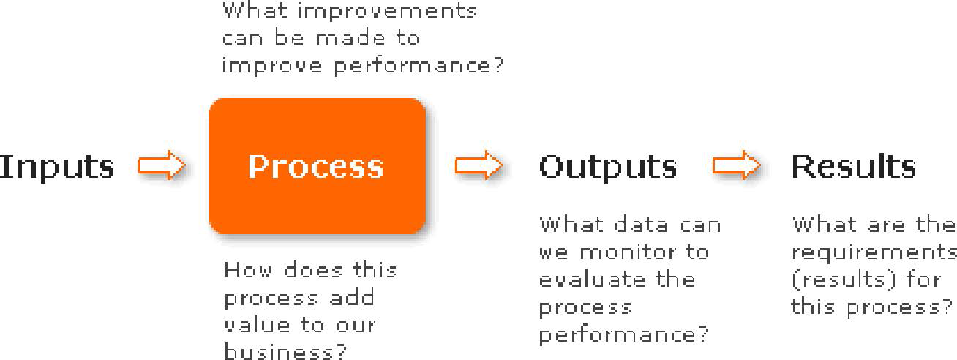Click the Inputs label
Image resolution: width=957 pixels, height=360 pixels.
pos(57,167)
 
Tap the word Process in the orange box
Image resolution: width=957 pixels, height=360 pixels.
pos(316,167)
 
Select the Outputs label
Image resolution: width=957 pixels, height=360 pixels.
pos(608,168)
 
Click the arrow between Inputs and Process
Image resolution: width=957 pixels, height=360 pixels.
pos(162,165)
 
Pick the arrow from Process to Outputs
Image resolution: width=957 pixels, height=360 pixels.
pos(479,165)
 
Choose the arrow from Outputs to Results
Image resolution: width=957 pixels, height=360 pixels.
pos(737,165)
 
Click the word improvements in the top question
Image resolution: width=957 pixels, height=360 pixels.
pos(386,12)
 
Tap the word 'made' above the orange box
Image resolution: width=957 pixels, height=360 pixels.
pos(350,39)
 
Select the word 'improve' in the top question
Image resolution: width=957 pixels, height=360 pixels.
pos(271,67)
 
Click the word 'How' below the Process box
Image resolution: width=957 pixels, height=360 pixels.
pos(247,270)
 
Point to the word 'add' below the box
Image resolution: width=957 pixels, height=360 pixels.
pos(353,297)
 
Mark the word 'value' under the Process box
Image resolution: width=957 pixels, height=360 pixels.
pos(258,325)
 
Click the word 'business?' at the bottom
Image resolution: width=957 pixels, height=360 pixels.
pos(285,351)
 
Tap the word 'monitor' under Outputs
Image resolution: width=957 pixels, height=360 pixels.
pos(628,252)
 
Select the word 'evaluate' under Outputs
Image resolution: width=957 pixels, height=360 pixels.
pos(592,280)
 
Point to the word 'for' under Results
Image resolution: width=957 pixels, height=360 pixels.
pos(923,280)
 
